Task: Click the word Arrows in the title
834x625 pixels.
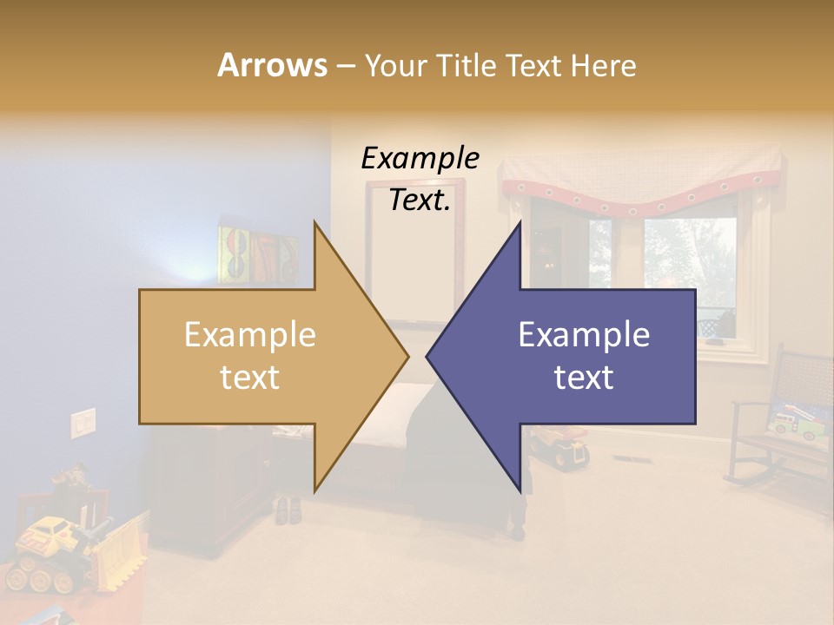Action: pos(272,65)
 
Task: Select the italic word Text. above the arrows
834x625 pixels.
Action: pos(420,200)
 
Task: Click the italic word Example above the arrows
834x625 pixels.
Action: pos(420,158)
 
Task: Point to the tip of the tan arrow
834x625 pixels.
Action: pos(407,356)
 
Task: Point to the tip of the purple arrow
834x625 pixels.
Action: pos(427,356)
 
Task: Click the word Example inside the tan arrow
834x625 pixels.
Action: pos(249,335)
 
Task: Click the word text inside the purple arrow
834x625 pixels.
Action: pos(584,377)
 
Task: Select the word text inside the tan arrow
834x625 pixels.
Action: pos(249,377)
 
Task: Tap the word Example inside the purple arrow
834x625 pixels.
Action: pos(584,335)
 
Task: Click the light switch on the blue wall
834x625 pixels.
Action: pos(83,423)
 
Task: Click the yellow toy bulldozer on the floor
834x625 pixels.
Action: pos(65,547)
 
